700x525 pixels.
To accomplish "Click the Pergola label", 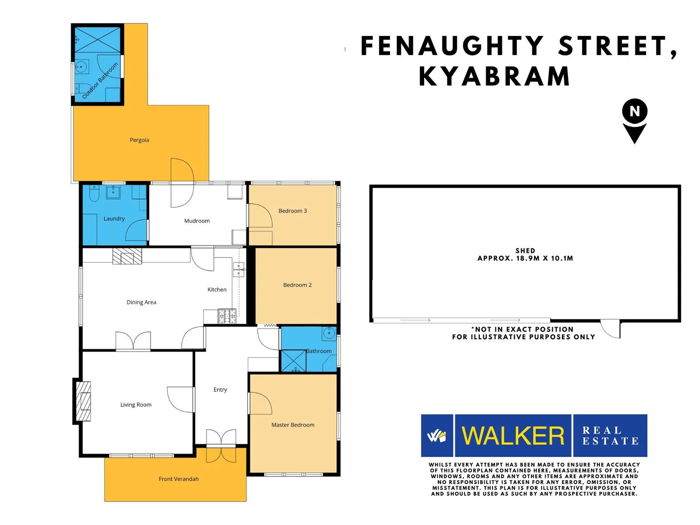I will point(139,140).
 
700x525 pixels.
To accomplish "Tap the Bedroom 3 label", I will point(292,211).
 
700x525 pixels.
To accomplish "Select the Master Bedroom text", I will point(292,425).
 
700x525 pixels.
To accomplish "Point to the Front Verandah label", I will point(179,479).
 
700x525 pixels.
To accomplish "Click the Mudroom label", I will point(197,221).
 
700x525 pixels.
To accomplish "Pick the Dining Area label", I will point(141,302).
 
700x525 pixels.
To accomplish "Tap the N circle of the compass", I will point(634,111).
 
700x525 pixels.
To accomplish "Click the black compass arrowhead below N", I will point(634,132).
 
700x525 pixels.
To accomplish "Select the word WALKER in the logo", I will point(513,436).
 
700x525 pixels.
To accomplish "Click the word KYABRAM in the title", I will point(495,77).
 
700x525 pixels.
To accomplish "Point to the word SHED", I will point(525,251).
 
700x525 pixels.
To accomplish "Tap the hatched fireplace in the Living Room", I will point(84,401).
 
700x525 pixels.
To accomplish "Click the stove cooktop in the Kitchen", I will point(226,316).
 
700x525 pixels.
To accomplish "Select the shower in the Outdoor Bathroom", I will point(97,39).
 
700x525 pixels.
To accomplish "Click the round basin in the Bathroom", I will point(329,333).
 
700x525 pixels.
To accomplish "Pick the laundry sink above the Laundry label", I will point(113,192).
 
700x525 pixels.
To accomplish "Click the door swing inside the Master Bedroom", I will point(259,403).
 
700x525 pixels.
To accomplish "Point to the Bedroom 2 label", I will point(297,285).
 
